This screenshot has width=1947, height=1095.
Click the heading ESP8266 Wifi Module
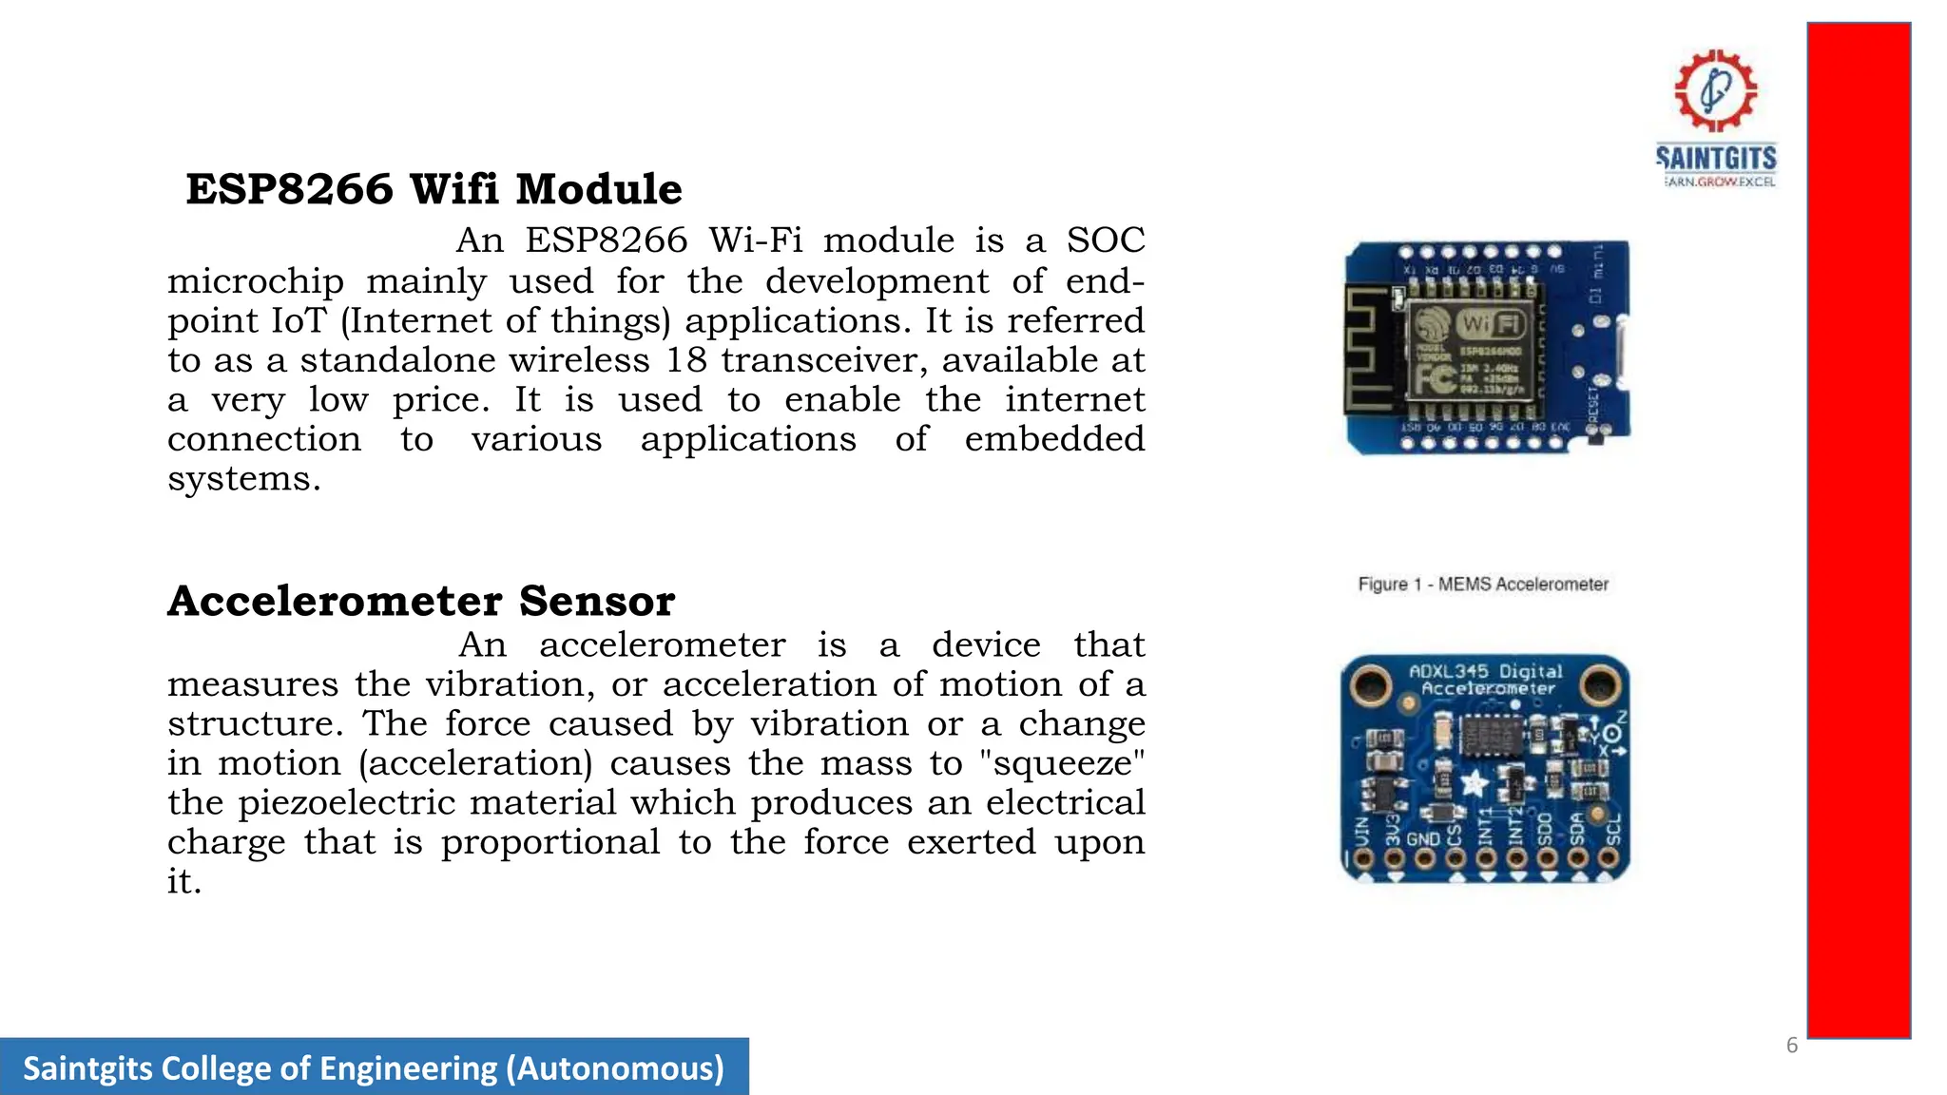coord(434,189)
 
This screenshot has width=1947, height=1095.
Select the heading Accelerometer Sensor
coord(421,601)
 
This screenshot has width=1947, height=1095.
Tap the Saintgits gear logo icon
coord(1715,90)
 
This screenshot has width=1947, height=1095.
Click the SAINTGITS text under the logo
coord(1716,157)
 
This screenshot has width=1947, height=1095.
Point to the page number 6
coord(1792,1046)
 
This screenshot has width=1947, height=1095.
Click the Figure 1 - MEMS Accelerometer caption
coord(1483,584)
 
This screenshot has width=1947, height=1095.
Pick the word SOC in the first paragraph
coord(1106,240)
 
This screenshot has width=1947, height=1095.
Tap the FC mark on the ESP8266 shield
coord(1434,379)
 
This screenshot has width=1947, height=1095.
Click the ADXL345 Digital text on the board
coord(1485,671)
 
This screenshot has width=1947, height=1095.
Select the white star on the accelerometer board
coord(1474,783)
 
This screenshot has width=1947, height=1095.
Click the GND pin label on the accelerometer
coord(1423,839)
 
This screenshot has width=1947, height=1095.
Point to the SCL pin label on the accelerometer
coord(1610,831)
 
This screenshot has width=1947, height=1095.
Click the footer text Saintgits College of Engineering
coord(373,1067)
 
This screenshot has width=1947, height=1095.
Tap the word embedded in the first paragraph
coord(1054,439)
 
